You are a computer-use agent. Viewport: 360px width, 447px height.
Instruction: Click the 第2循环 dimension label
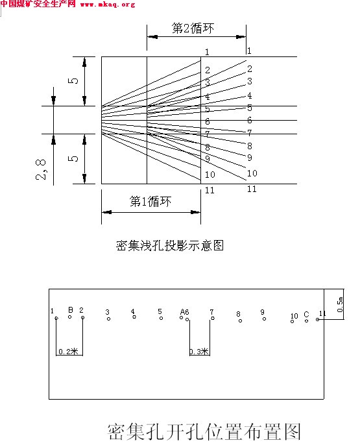193,29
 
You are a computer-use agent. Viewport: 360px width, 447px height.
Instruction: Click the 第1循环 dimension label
150,202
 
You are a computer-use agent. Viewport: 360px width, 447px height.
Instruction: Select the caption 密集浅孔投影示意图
170,245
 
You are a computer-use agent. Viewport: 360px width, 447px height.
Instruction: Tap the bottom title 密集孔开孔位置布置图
204,431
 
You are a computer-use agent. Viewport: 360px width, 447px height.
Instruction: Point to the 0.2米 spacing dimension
68,352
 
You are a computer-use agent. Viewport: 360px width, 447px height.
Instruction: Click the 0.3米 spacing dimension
200,352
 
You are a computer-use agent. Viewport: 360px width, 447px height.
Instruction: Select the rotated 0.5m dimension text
340,304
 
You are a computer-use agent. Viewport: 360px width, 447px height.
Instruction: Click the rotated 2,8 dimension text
41,169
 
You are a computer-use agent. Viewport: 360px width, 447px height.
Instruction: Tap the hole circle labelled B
70,317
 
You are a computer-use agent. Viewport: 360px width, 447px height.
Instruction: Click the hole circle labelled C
306,320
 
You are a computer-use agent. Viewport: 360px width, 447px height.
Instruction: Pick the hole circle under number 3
108,319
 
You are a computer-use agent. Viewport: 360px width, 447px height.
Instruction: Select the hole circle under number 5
161,318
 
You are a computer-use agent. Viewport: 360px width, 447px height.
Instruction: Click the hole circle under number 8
240,320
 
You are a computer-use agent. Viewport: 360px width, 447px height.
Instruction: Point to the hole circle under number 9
264,319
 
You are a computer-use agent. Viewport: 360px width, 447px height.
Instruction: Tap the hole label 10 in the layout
294,316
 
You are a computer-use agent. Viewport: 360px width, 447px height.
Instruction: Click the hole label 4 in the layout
133,311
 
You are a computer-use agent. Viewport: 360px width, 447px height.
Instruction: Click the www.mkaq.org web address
108,5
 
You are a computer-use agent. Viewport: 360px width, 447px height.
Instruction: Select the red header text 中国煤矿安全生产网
38,4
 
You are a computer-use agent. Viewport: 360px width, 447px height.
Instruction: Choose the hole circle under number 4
134,317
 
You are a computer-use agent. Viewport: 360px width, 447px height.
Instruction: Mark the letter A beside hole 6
182,312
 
